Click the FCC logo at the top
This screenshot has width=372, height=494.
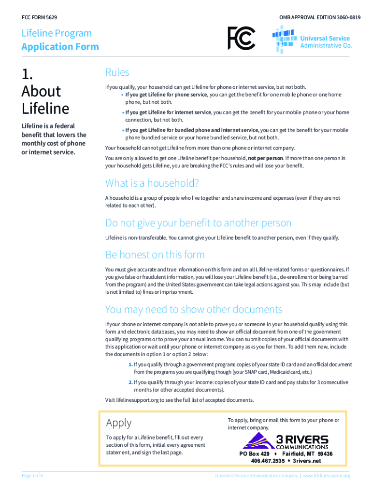[x=242, y=38]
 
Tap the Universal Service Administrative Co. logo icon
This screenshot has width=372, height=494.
[x=285, y=39]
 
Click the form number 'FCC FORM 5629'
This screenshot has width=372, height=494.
[x=40, y=17]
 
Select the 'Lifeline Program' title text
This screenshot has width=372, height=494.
[x=57, y=33]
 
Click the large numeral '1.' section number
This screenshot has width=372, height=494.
[x=28, y=74]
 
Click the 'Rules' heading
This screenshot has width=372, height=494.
[x=117, y=72]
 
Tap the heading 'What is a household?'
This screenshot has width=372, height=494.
[x=152, y=183]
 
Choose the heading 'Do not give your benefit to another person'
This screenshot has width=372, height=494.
[x=198, y=223]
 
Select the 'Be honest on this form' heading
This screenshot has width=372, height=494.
[x=155, y=254]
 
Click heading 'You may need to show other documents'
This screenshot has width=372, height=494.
[x=194, y=309]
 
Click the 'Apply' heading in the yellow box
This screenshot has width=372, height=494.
[x=119, y=423]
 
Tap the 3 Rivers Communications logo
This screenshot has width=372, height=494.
[x=285, y=441]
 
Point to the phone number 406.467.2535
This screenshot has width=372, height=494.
[x=268, y=461]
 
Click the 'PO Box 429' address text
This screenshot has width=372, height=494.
[x=255, y=454]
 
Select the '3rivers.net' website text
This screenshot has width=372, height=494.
[x=307, y=461]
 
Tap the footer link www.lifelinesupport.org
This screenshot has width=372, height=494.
[x=327, y=476]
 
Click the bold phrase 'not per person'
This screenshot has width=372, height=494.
[x=265, y=158]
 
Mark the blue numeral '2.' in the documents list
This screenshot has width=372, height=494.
[x=130, y=382]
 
